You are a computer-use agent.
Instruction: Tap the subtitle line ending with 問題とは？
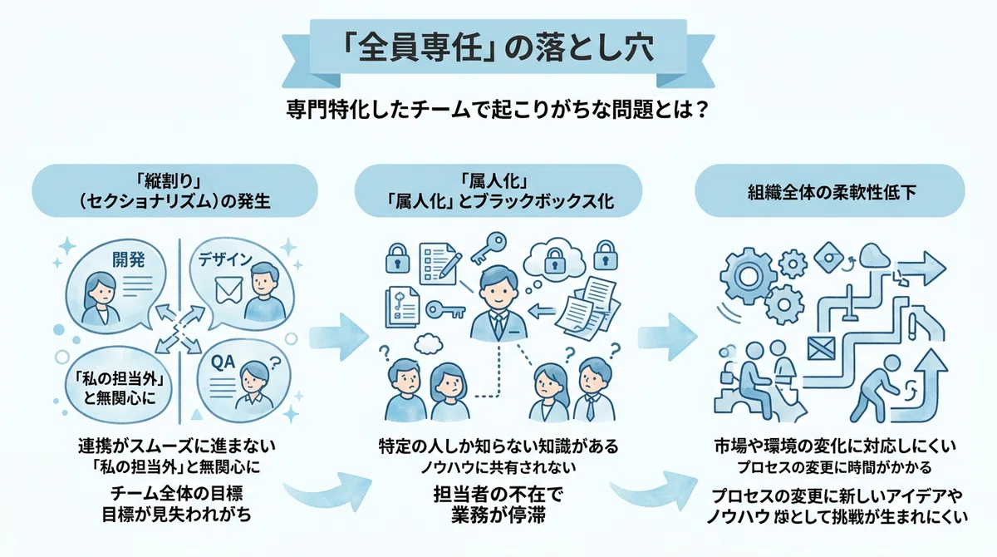(x=498, y=109)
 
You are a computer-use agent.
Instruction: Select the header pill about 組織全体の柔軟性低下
(x=830, y=190)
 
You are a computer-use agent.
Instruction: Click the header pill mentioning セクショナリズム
(x=174, y=190)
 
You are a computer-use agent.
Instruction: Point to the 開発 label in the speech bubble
(x=129, y=259)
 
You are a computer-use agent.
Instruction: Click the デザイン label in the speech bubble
(x=225, y=259)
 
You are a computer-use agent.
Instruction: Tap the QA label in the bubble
(x=223, y=362)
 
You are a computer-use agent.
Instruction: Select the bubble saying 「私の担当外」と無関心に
(x=118, y=386)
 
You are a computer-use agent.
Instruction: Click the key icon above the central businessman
(x=489, y=248)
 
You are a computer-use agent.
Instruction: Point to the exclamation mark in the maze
(x=913, y=326)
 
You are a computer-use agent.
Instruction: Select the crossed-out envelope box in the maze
(x=821, y=348)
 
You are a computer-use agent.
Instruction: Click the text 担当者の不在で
(x=498, y=495)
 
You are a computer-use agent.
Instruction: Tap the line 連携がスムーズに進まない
(x=177, y=446)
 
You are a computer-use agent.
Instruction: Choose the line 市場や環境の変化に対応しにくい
(x=835, y=446)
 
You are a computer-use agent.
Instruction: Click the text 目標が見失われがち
(x=177, y=515)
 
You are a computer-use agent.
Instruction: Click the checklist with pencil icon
(x=440, y=264)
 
